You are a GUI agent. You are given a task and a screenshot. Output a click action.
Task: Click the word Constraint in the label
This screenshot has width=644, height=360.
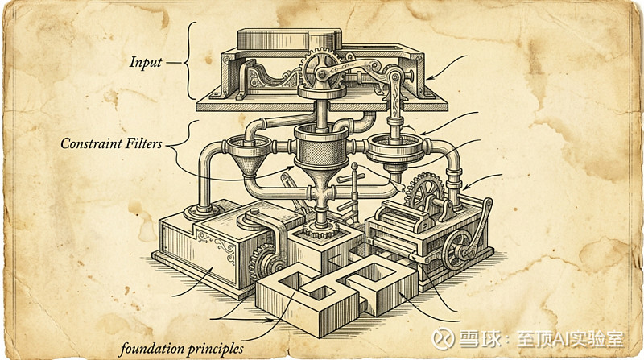pyautogui.click(x=89, y=144)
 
